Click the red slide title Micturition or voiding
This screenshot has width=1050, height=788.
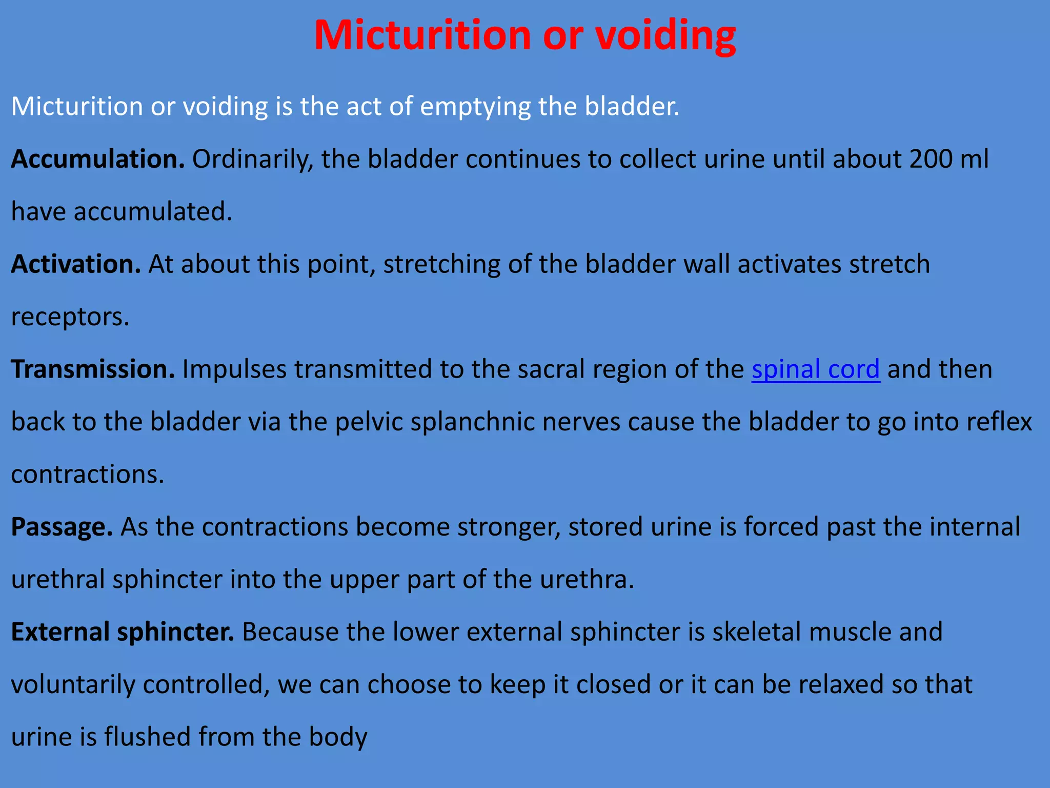(x=524, y=36)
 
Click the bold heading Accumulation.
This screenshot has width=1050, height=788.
(x=97, y=159)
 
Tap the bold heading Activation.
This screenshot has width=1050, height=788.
(x=75, y=264)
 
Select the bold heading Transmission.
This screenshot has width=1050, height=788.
(x=93, y=369)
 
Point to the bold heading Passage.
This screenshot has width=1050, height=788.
(x=62, y=527)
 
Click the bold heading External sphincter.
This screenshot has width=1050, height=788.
(x=123, y=632)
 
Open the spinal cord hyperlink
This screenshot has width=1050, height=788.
(x=815, y=369)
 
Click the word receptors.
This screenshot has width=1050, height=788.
(x=70, y=317)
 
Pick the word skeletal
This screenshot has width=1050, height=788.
(x=757, y=632)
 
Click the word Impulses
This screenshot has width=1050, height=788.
(x=234, y=369)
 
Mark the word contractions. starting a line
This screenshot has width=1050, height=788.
(x=87, y=475)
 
